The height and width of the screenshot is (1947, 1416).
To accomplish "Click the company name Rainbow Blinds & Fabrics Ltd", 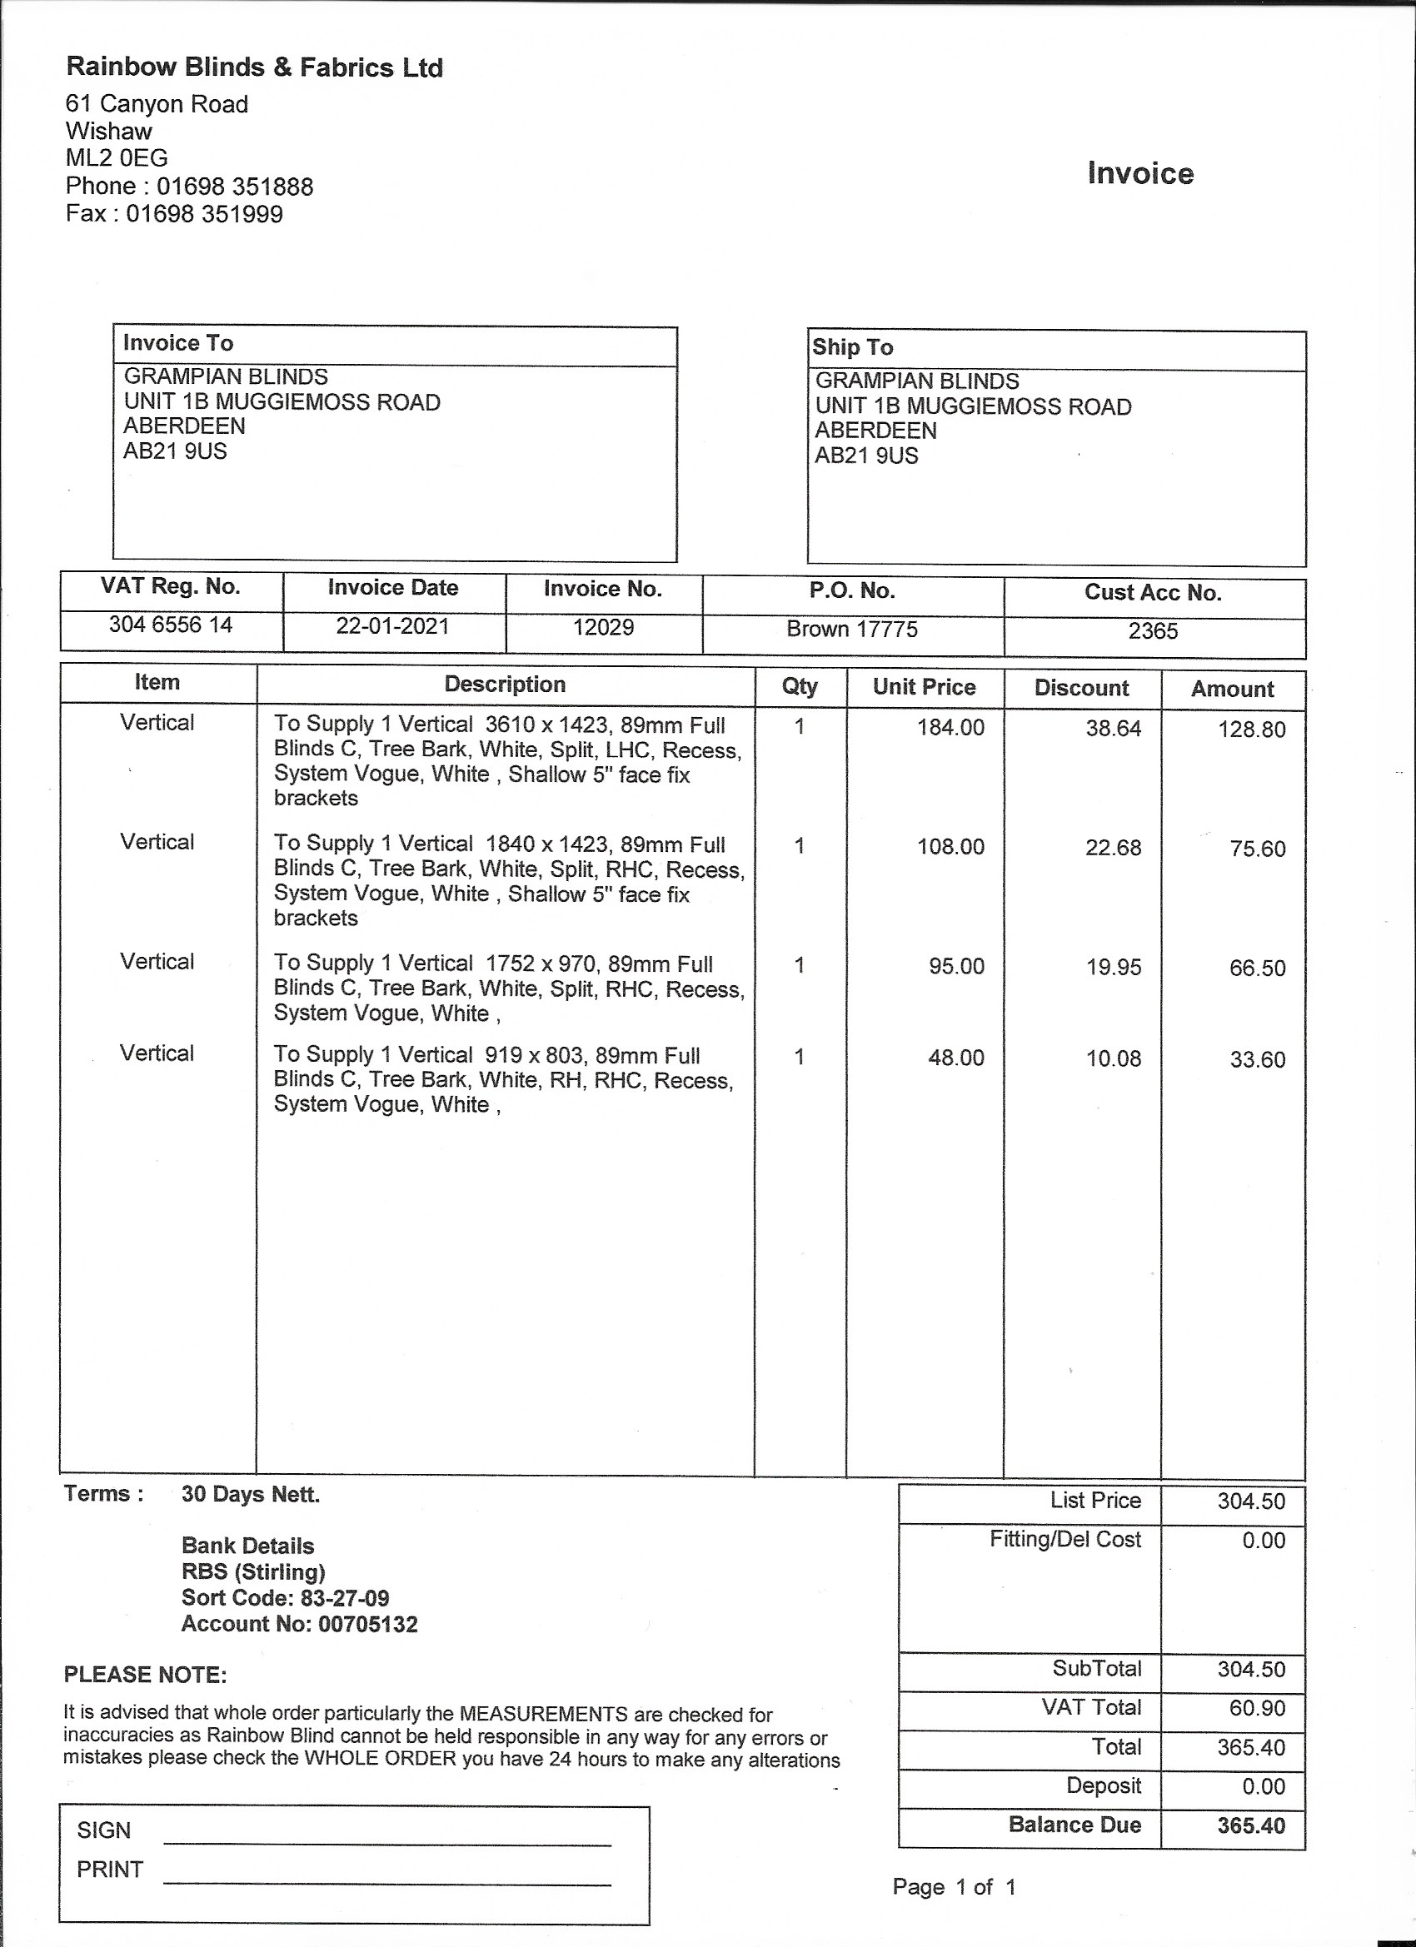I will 254,67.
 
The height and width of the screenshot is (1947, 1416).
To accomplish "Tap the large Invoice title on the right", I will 1140,173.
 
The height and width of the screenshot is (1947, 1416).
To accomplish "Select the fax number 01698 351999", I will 204,214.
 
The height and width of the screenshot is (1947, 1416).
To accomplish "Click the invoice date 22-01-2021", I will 392,626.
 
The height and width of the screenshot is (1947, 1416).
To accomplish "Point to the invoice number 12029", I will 603,627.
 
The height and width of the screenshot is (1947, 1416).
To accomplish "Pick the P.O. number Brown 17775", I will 852,630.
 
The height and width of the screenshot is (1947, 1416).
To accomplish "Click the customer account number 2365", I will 1153,631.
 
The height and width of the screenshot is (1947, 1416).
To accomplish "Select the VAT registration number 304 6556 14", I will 170,624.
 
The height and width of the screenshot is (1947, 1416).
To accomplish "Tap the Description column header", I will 505,685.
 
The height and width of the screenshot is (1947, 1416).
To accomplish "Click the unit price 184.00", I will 950,727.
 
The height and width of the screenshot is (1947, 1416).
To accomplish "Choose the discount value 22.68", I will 1113,848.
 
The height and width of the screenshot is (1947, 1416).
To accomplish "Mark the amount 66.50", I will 1257,969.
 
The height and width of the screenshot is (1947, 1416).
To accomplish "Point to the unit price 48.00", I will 955,1058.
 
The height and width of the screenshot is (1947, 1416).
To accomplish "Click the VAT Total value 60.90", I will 1257,1707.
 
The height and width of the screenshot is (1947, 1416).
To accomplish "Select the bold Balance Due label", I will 1074,1825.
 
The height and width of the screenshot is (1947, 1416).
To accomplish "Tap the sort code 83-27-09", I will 344,1597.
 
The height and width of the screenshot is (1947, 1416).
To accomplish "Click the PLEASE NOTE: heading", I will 145,1675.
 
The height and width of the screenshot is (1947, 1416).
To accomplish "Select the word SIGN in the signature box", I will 104,1830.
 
